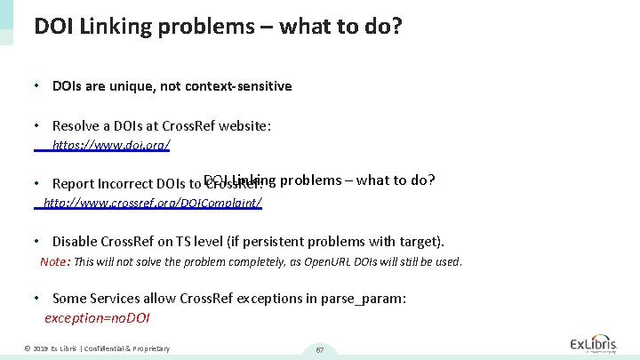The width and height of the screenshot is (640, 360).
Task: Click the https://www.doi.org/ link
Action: click(111, 145)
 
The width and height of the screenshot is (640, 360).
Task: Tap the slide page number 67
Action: click(319, 349)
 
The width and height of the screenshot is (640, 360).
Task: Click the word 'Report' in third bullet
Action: click(74, 184)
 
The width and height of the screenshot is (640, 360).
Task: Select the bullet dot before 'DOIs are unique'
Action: click(35, 86)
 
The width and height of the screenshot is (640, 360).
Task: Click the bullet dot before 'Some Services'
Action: click(35, 299)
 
